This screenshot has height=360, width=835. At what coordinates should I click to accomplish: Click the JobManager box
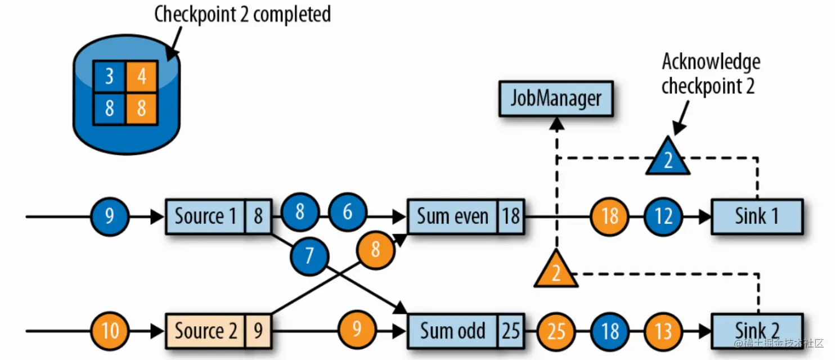[x=555, y=100]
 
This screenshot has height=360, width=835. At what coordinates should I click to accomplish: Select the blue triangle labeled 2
[x=667, y=158]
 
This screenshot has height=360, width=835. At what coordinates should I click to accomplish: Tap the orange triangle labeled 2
[x=556, y=271]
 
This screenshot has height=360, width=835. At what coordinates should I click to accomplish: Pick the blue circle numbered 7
[x=309, y=256]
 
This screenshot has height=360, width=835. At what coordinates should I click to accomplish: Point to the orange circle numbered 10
[x=110, y=330]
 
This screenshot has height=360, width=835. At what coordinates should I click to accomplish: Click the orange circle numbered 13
[x=664, y=331]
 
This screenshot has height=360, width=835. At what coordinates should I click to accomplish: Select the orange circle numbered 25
[x=556, y=331]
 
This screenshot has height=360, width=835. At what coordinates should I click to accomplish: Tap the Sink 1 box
[x=757, y=217]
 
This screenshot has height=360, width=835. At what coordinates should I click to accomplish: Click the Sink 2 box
[x=757, y=330]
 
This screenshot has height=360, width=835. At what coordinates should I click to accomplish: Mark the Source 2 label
[x=205, y=331]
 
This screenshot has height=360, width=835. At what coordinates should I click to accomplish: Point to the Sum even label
[x=452, y=217]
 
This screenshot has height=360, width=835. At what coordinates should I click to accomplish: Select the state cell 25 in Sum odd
[x=511, y=331]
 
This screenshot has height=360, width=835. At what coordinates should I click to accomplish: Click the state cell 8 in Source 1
[x=258, y=217]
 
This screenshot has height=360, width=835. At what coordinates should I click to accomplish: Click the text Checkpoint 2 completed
[x=243, y=15]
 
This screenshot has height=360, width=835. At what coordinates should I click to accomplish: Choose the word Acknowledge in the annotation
[x=711, y=61]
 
